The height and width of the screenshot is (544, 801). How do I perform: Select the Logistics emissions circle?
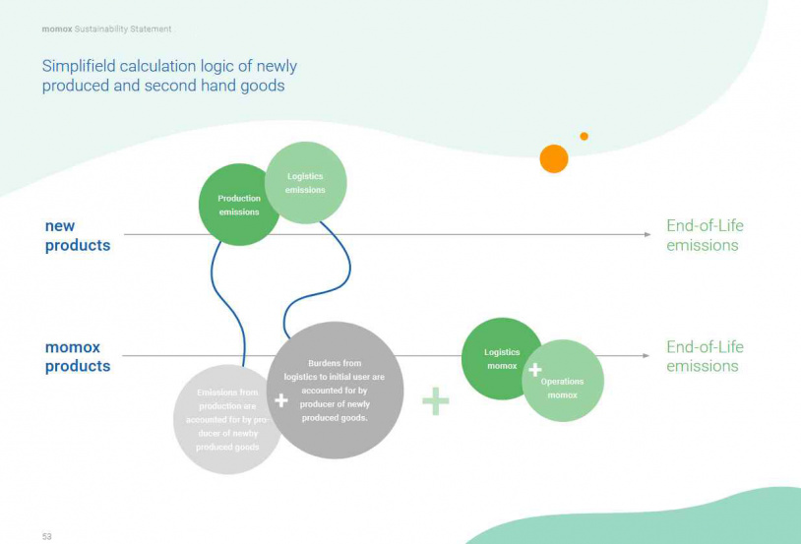pos(305,183)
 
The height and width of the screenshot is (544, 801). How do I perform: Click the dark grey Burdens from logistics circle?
pos(337,391)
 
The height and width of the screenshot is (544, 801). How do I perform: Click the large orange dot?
pos(554,158)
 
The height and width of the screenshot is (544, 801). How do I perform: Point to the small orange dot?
pos(584,137)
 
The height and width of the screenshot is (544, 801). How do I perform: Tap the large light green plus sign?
pos(435,401)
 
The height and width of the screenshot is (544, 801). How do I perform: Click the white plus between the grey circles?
pos(281,400)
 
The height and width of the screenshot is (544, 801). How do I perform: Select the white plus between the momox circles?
pos(534,370)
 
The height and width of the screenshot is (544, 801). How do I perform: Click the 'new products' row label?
pos(78,235)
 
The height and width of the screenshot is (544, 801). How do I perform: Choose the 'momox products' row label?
pos(78,356)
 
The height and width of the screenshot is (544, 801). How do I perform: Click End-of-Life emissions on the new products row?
pos(705,235)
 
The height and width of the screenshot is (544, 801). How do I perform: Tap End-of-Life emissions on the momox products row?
pos(705,356)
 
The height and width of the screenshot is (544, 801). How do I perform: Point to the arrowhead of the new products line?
pos(647,234)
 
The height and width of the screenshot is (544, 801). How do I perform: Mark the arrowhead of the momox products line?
pos(647,356)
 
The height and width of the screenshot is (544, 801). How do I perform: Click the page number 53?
pos(46,536)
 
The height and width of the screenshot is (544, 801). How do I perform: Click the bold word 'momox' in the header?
pos(56,30)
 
